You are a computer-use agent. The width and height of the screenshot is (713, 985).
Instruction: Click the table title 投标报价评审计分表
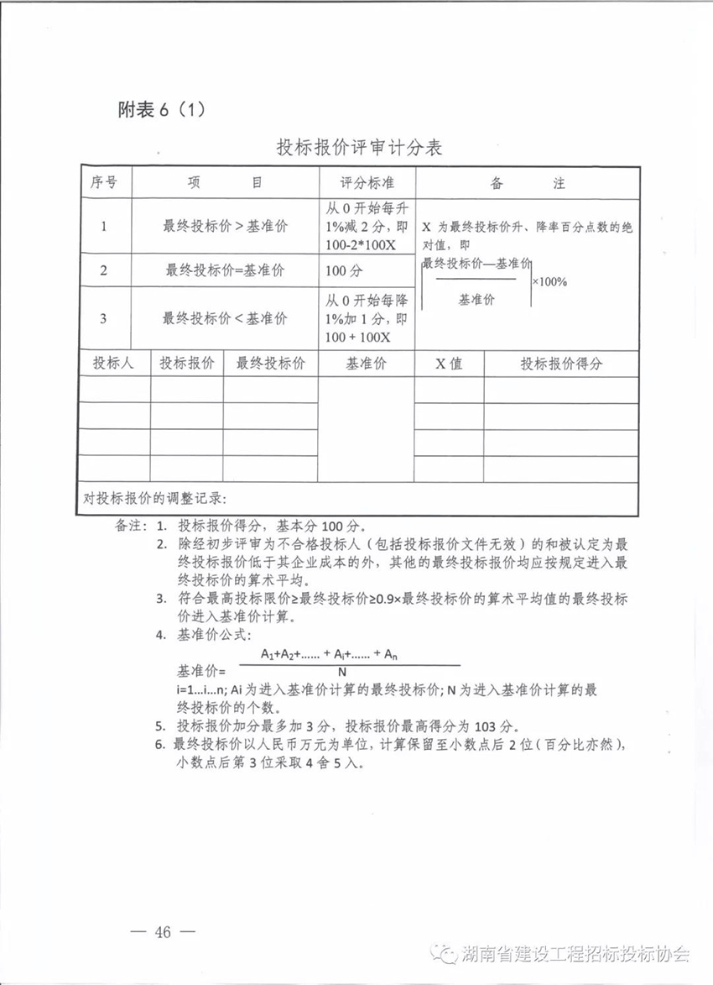click(x=359, y=148)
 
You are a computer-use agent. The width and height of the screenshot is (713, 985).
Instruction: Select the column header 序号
click(x=104, y=182)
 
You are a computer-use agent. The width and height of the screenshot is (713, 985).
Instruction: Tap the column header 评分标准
click(x=367, y=182)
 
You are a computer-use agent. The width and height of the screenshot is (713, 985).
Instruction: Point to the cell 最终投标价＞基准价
click(x=225, y=225)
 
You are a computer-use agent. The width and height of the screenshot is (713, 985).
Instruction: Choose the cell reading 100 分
click(x=346, y=270)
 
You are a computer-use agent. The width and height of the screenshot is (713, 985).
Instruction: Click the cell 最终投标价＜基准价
click(x=225, y=318)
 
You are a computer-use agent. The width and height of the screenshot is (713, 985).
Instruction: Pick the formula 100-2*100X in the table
click(x=361, y=245)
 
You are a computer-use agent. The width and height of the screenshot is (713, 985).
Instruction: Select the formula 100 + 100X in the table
click(x=359, y=337)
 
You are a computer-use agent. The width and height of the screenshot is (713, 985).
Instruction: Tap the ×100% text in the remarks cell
click(x=549, y=281)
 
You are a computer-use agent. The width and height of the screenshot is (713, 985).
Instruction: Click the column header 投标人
click(x=114, y=364)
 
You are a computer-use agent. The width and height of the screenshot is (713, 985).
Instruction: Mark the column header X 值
click(x=449, y=364)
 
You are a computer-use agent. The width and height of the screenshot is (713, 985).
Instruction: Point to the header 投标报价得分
click(x=561, y=364)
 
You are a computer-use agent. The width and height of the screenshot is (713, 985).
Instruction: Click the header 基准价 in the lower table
click(x=367, y=364)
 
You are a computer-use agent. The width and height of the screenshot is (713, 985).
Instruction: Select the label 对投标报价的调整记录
click(x=156, y=498)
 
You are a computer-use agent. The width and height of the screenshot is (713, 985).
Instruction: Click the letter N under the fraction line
click(x=342, y=673)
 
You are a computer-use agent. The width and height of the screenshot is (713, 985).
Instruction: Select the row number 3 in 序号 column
click(x=103, y=318)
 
